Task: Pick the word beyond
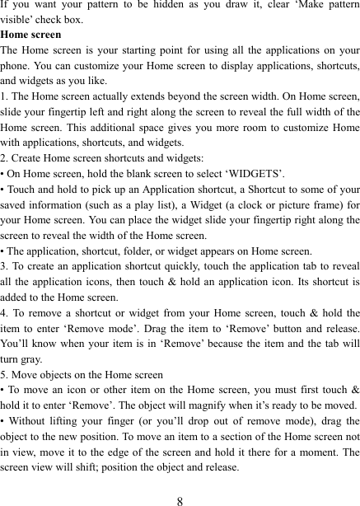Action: coord(187,97)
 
